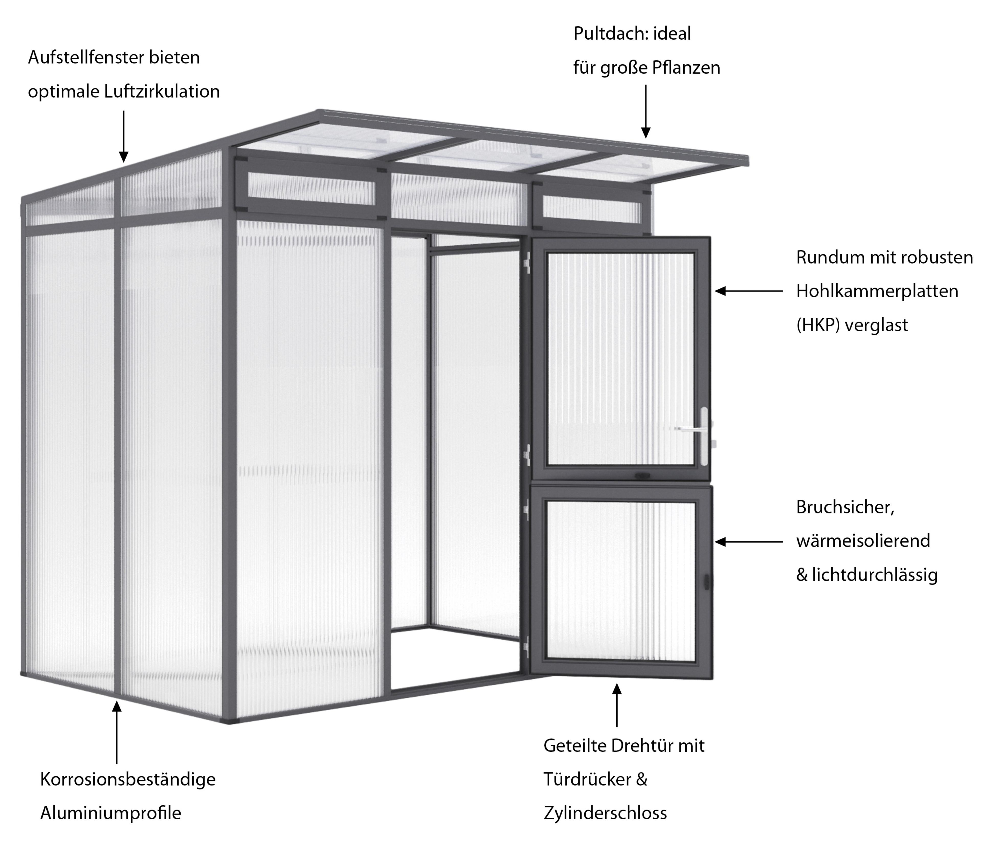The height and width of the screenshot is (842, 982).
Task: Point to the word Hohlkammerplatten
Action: coord(877,291)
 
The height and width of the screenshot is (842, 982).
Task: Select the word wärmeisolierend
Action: coord(863,540)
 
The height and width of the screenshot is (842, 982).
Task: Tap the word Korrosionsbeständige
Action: coord(128,779)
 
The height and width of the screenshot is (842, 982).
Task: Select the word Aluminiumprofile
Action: coord(111,813)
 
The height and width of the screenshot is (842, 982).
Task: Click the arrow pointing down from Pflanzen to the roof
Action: coord(645,112)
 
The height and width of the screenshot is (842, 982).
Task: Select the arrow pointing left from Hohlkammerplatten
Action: coord(749,291)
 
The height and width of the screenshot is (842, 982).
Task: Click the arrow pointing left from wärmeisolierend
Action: coord(749,541)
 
